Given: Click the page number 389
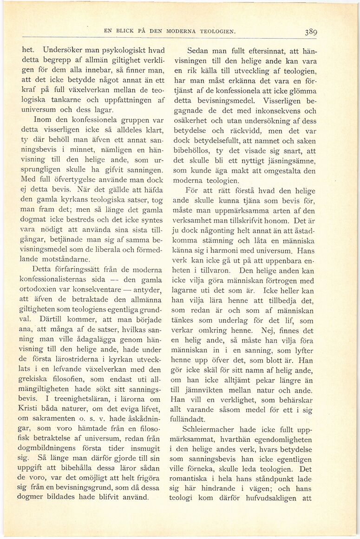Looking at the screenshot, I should click(311, 32).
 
